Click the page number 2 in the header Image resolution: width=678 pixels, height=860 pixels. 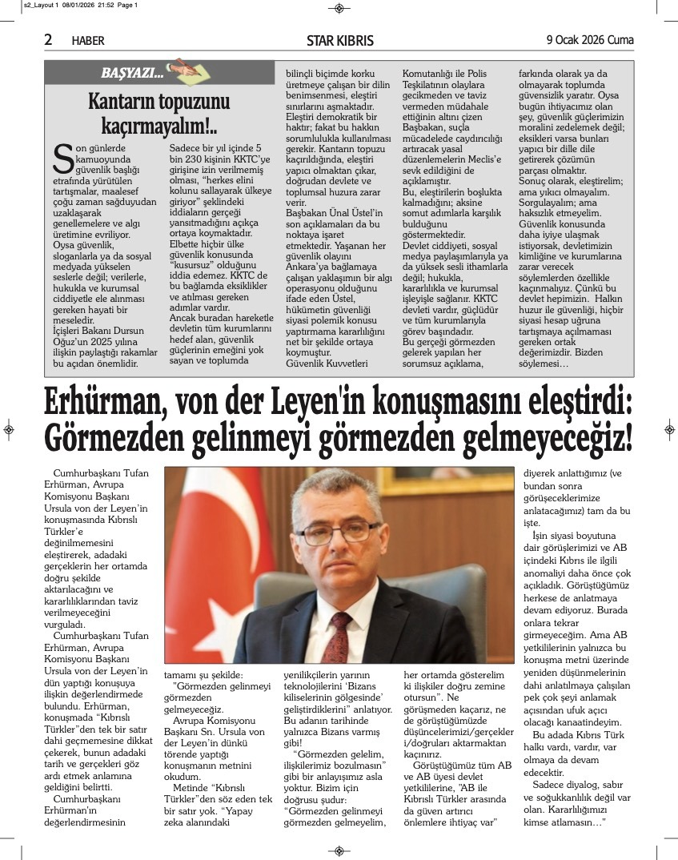point(48,39)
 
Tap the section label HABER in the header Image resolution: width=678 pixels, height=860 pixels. point(88,41)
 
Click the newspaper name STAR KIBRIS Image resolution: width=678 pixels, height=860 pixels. point(340,41)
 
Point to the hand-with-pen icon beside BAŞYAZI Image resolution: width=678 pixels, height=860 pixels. point(181,68)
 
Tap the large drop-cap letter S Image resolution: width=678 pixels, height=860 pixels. point(63,159)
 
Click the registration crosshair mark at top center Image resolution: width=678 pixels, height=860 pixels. point(339,8)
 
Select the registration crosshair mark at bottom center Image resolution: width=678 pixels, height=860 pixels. point(339,850)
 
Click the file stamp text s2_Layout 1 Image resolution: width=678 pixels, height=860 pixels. point(24,5)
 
